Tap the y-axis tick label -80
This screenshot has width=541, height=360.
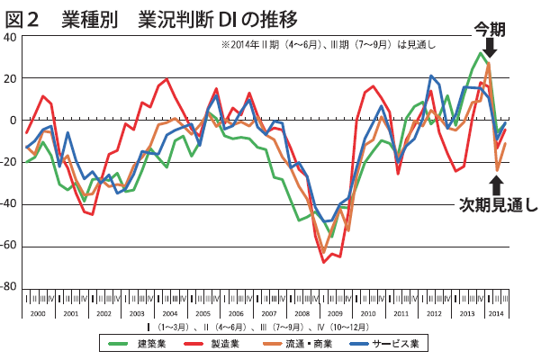(8, 288)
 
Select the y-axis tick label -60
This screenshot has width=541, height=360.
(8, 247)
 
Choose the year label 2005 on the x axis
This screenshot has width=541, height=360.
(203, 311)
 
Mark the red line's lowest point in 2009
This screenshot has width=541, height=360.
(323, 262)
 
